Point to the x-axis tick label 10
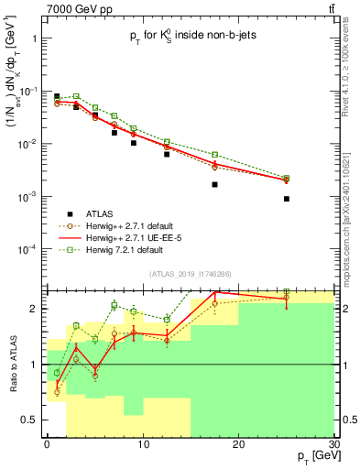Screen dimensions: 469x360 [142, 444]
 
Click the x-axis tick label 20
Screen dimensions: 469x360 [238, 444]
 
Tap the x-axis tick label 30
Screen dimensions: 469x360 [333, 444]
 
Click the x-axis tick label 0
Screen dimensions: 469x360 [47, 444]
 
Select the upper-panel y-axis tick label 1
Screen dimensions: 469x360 [35, 39]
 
